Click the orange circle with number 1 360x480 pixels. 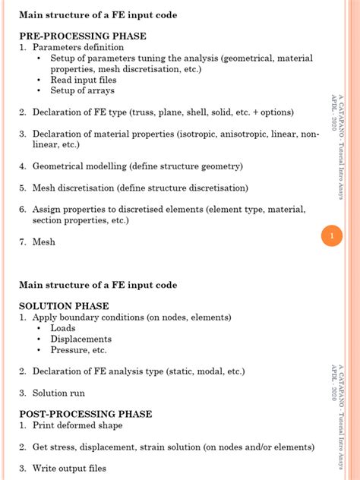[x=331, y=237]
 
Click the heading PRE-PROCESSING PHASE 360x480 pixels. [x=83, y=36]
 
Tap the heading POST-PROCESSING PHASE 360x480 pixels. [x=86, y=414]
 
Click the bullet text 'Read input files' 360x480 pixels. [x=84, y=80]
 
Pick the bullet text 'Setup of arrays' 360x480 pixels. [x=82, y=90]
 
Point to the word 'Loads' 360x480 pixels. [x=63, y=328]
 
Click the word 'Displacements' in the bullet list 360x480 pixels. [x=81, y=339]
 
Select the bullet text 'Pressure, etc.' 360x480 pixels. [x=78, y=350]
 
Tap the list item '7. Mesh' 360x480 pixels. [x=38, y=242]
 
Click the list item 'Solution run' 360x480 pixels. [x=58, y=393]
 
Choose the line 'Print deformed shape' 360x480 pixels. [x=77, y=425]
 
